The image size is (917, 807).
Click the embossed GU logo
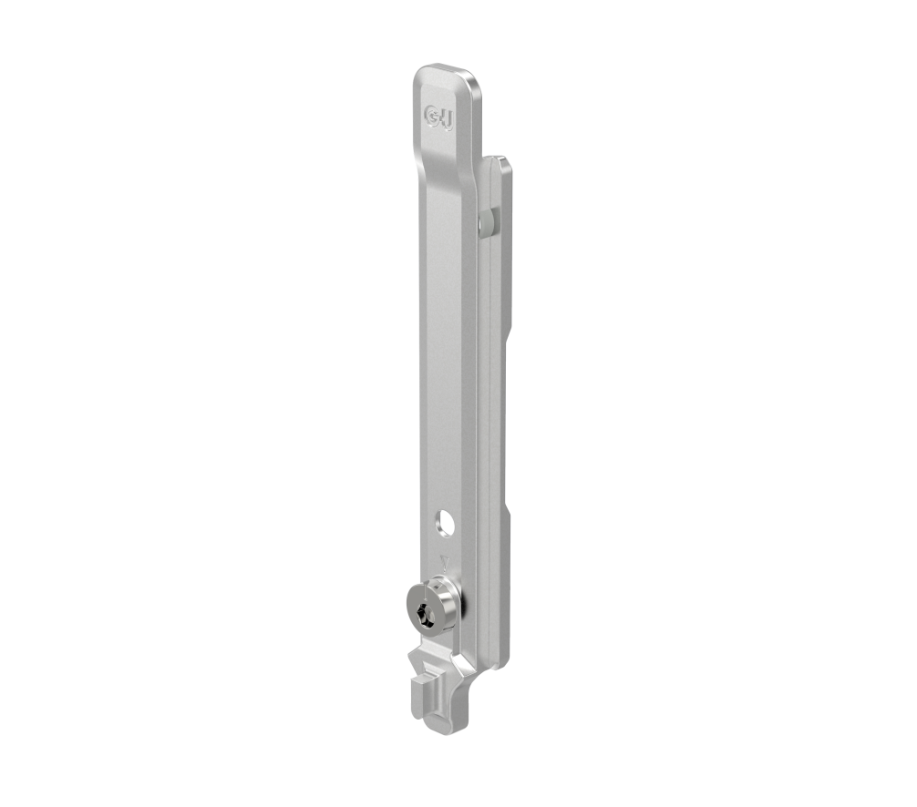pyautogui.click(x=438, y=116)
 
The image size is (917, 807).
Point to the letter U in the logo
pyautogui.click(x=446, y=118)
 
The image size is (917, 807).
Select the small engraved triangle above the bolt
pyautogui.click(x=444, y=563)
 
